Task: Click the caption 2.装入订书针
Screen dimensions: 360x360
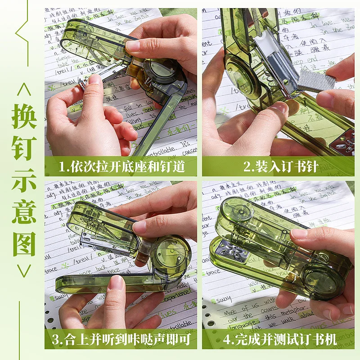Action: click(280, 167)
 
